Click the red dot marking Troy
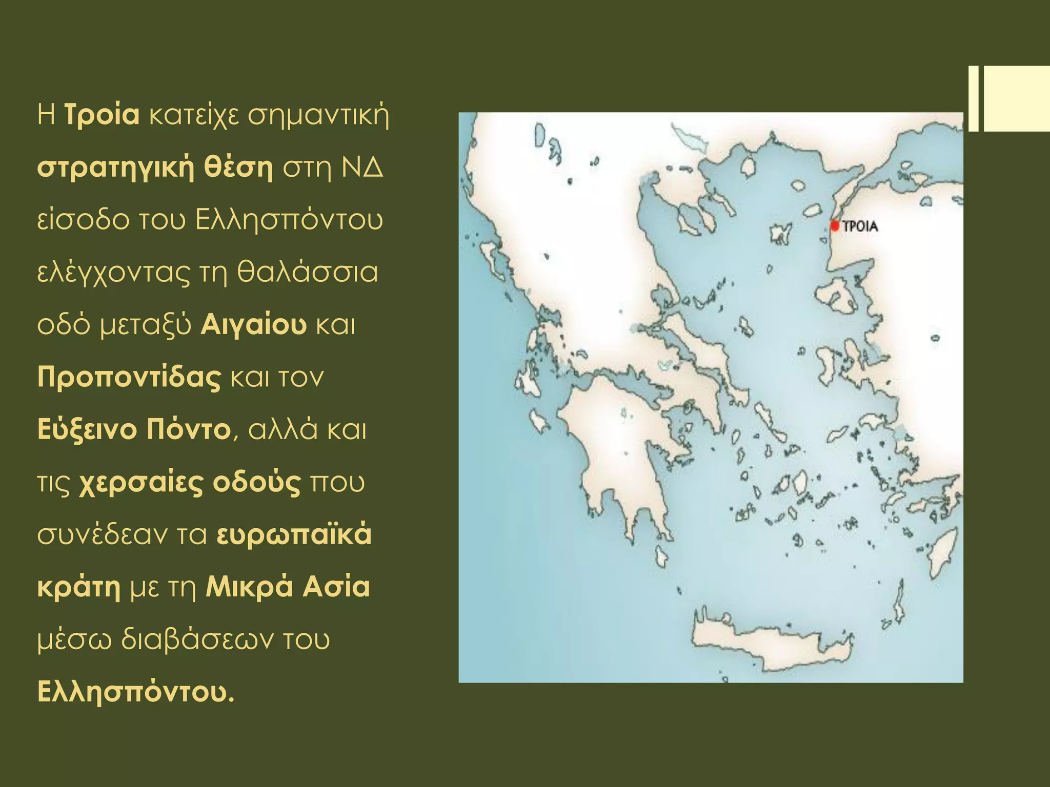(x=835, y=225)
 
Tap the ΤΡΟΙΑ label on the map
(x=860, y=226)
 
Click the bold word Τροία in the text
(x=102, y=115)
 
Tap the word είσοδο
(x=83, y=220)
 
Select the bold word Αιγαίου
(x=253, y=325)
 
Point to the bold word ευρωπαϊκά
(x=294, y=535)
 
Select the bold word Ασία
(x=336, y=587)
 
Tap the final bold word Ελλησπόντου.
(x=135, y=693)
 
